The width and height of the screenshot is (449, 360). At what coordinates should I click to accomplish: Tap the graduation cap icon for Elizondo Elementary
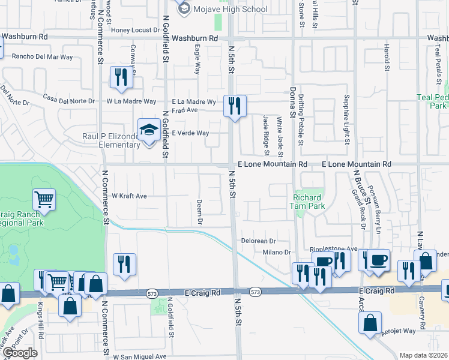coord(148,129)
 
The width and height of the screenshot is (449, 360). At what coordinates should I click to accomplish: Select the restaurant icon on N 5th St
coord(234,106)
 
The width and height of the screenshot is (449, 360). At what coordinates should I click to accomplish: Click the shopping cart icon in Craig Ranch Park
coord(44,199)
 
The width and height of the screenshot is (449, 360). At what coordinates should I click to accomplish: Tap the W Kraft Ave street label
coord(129,196)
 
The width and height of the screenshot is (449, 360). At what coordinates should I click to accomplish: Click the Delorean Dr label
coord(259,240)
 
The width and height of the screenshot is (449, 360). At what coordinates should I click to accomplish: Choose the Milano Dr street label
coord(276,253)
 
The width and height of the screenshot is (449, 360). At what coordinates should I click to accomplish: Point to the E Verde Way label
coord(190,133)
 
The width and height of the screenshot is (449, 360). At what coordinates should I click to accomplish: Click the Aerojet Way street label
coord(401,331)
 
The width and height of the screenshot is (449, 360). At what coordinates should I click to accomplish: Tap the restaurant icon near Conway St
coord(121,77)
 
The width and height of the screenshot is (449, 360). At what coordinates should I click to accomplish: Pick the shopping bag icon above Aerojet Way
coord(370,323)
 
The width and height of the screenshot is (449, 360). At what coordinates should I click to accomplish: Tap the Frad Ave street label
coord(184,110)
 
